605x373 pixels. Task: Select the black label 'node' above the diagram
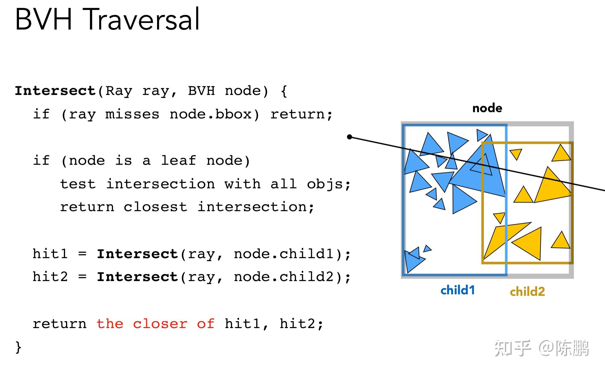(x=487, y=108)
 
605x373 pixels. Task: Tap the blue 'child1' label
(x=458, y=290)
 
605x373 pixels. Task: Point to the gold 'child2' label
(x=528, y=292)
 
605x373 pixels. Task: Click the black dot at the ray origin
(x=350, y=137)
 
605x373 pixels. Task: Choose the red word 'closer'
(x=160, y=324)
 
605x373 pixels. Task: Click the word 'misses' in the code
(x=132, y=114)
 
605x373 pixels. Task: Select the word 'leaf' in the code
(x=178, y=160)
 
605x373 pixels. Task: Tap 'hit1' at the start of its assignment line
(x=50, y=254)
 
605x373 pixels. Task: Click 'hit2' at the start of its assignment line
(x=50, y=277)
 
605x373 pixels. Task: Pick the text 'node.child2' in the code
(x=284, y=277)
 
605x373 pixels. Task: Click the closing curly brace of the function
(x=18, y=347)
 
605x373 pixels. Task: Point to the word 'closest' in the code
(x=156, y=207)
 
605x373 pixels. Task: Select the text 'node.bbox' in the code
(x=210, y=114)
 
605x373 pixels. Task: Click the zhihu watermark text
(x=541, y=348)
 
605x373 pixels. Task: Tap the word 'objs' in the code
(x=325, y=184)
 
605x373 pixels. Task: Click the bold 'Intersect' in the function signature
(x=55, y=91)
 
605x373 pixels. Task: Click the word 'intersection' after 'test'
(x=161, y=184)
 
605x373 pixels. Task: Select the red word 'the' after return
(x=110, y=324)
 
